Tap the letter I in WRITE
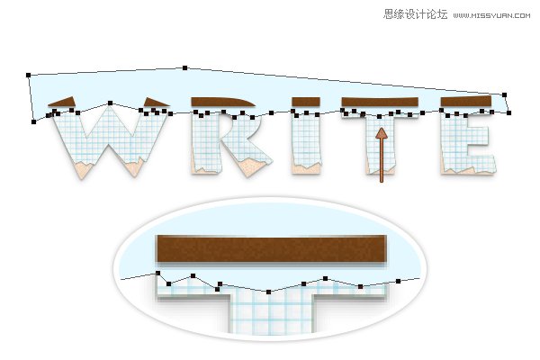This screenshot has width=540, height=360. (307, 143)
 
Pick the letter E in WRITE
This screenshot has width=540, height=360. (468, 143)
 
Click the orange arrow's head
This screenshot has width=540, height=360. (382, 134)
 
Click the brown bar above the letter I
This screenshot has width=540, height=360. (306, 102)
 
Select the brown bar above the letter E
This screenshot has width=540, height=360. (466, 101)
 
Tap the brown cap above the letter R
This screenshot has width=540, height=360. (222, 102)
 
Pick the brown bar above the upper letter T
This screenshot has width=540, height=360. (380, 102)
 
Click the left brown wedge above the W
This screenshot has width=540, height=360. (64, 102)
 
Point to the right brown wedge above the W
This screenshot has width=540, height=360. (155, 102)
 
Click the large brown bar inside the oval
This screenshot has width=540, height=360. (272, 248)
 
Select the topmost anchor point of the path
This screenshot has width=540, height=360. (184, 67)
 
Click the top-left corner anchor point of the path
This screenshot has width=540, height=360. (28, 75)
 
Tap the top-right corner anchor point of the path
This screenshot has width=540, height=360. (505, 94)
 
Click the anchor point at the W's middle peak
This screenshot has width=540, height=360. (110, 103)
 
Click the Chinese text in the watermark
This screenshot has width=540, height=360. (415, 14)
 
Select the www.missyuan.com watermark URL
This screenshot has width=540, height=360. (491, 15)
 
